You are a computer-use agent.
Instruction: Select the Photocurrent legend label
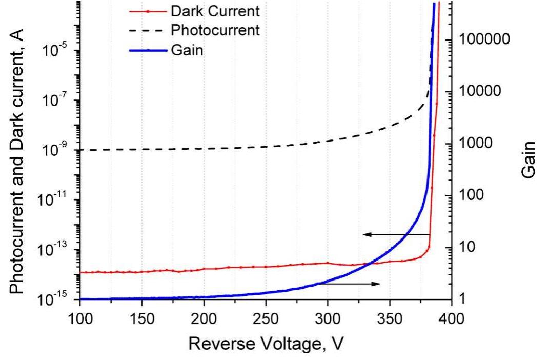[x=215, y=30]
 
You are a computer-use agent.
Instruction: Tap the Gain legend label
[x=190, y=50]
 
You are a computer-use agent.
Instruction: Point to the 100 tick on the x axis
[x=80, y=317]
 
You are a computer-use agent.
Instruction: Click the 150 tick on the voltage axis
[x=142, y=317]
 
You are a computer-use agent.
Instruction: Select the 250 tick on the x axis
[x=266, y=317]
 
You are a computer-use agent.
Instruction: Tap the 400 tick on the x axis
[x=452, y=317]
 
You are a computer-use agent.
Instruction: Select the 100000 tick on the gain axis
[x=484, y=39]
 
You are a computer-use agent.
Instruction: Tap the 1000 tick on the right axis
[x=475, y=144]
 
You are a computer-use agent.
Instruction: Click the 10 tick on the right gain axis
[x=467, y=247]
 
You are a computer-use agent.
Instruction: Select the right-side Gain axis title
[x=530, y=159]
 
